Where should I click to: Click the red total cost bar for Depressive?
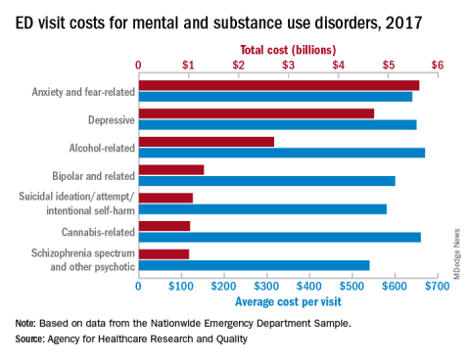point(257,113)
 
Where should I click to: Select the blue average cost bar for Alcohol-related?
point(282,153)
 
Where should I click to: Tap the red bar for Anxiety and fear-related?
point(279,85)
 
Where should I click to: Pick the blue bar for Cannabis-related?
point(280,237)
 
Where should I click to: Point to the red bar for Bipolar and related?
point(171,170)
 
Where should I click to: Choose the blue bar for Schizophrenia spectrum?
point(255,265)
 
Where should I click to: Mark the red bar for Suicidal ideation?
point(165,198)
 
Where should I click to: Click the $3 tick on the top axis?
point(289,76)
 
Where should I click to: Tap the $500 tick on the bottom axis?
point(352,276)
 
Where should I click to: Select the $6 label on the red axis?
point(438,66)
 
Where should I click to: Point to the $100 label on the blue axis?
point(181,287)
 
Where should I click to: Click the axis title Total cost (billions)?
point(288,50)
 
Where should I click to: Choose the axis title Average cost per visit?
point(288,301)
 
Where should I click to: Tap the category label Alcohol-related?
point(102,148)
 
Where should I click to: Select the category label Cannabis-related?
point(98,232)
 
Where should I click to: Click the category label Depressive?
point(112,120)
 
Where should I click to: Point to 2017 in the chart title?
point(403,23)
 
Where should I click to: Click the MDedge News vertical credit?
point(456,254)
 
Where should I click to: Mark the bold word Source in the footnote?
point(29,339)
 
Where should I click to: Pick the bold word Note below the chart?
point(25,324)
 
